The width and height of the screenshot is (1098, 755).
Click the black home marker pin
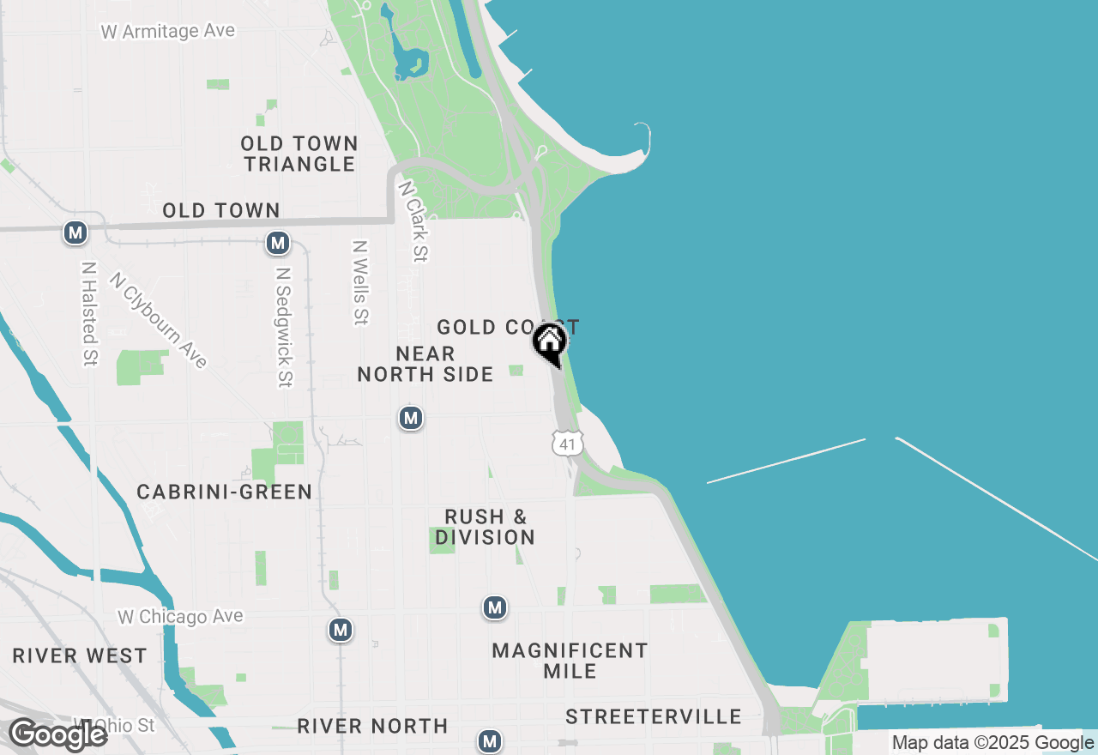550,344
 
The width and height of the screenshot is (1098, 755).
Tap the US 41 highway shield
568,443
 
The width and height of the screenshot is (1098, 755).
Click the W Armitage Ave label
167,32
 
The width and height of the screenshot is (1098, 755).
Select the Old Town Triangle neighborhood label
299,154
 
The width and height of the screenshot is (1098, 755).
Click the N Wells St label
360,282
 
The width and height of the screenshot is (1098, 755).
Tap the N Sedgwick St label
284,326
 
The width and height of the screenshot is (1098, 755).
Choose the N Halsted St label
88,313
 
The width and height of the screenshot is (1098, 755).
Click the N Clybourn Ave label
159,320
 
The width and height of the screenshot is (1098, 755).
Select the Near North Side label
425,364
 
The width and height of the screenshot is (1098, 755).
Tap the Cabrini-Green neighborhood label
225,492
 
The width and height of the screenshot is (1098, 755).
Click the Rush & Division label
486,527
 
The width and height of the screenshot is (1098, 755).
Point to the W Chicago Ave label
180,616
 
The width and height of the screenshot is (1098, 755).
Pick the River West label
80,656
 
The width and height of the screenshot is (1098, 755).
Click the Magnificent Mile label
570,661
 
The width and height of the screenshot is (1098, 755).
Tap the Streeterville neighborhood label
654,716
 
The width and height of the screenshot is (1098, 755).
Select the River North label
372,727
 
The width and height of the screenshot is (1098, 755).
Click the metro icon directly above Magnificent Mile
494,608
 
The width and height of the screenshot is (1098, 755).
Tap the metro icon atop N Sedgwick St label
277,243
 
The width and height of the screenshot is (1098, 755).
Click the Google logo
58,734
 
